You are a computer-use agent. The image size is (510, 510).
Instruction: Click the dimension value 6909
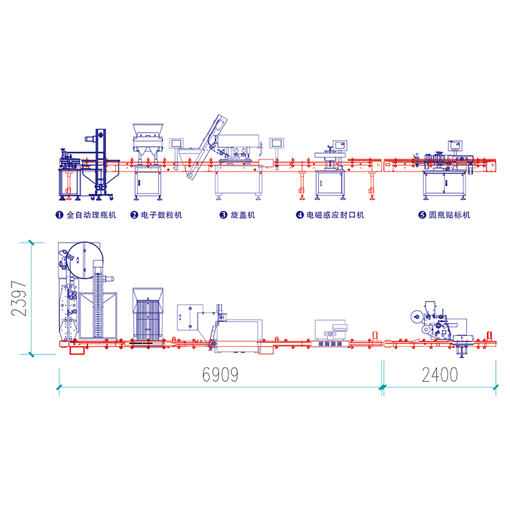[x=220, y=374]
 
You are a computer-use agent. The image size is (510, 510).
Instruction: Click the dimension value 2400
[x=440, y=374]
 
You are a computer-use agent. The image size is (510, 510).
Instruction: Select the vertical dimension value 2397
[x=18, y=298]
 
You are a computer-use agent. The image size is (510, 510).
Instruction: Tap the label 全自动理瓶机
[x=91, y=215]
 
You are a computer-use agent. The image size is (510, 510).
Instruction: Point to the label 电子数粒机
[x=161, y=215]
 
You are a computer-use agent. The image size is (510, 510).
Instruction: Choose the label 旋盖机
[x=243, y=215]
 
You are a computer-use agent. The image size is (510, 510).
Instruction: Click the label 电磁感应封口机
[x=335, y=215]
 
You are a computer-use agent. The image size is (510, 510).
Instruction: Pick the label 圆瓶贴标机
[x=449, y=215]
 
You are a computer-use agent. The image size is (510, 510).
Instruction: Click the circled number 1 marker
[x=59, y=215]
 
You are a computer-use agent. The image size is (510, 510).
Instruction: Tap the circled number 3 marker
[x=223, y=215]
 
